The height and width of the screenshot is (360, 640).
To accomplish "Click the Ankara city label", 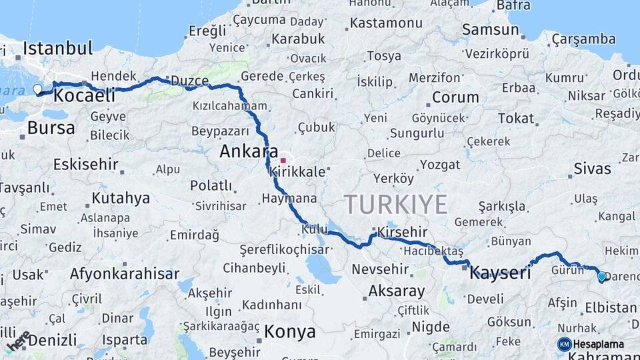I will (249, 152).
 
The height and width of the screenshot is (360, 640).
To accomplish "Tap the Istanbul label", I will (57, 48).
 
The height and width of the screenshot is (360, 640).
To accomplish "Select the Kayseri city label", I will (500, 273).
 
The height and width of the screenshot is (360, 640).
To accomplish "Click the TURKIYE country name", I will (395, 204).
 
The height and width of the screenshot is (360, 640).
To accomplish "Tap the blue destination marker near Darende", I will (602, 276).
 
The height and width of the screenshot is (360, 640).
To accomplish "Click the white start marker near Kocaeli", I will (37, 89).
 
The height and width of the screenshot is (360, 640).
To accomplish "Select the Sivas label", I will (591, 168).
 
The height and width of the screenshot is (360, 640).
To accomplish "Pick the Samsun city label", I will (491, 29).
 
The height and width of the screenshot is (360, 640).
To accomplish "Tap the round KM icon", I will (565, 344).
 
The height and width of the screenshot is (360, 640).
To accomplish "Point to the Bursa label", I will (51, 127).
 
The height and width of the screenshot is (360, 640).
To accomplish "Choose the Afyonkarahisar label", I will (125, 274).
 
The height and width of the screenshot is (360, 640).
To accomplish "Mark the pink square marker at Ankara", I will (283, 161).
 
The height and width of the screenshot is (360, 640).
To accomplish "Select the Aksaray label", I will (396, 291).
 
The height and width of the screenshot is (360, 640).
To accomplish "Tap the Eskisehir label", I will (85, 164).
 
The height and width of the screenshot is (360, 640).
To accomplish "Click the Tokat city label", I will (516, 118).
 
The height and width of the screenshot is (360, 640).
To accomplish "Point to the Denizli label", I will (52, 340).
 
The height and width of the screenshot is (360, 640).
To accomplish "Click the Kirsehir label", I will (402, 232).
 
